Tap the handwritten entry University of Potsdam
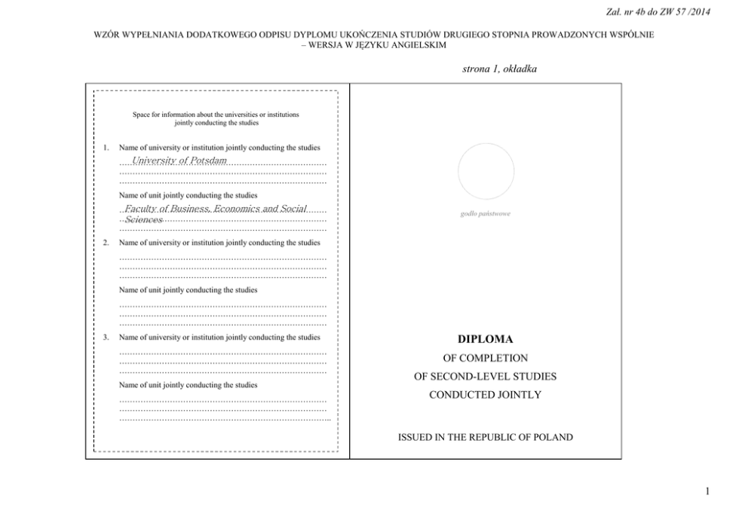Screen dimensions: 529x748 pos(179,161)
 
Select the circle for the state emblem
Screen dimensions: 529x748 pos(486,171)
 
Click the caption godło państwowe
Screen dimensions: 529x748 pos(485,214)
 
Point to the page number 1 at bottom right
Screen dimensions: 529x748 pos(707,492)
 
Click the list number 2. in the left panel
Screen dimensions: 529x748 pos(106,243)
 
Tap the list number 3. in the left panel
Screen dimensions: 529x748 pos(106,337)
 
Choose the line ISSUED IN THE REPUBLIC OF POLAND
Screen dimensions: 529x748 pos(485,437)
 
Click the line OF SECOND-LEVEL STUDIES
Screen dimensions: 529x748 pos(485,376)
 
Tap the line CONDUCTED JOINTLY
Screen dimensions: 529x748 pos(485,394)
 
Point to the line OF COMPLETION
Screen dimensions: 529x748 pos(485,358)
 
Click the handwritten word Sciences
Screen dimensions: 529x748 pos(144,219)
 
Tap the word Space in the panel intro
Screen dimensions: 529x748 pos(140,115)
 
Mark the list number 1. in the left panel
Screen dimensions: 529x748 pos(106,148)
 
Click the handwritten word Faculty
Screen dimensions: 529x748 pos(140,208)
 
